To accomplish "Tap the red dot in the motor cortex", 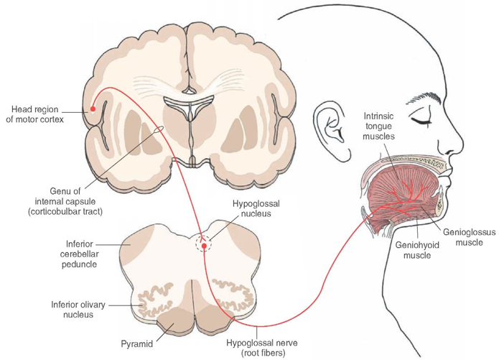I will point(93,109).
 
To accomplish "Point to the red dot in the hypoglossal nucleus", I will point(205,246).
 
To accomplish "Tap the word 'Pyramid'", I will point(137,344).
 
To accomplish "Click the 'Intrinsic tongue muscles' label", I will point(383,124).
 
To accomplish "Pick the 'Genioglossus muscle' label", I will point(467,237).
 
